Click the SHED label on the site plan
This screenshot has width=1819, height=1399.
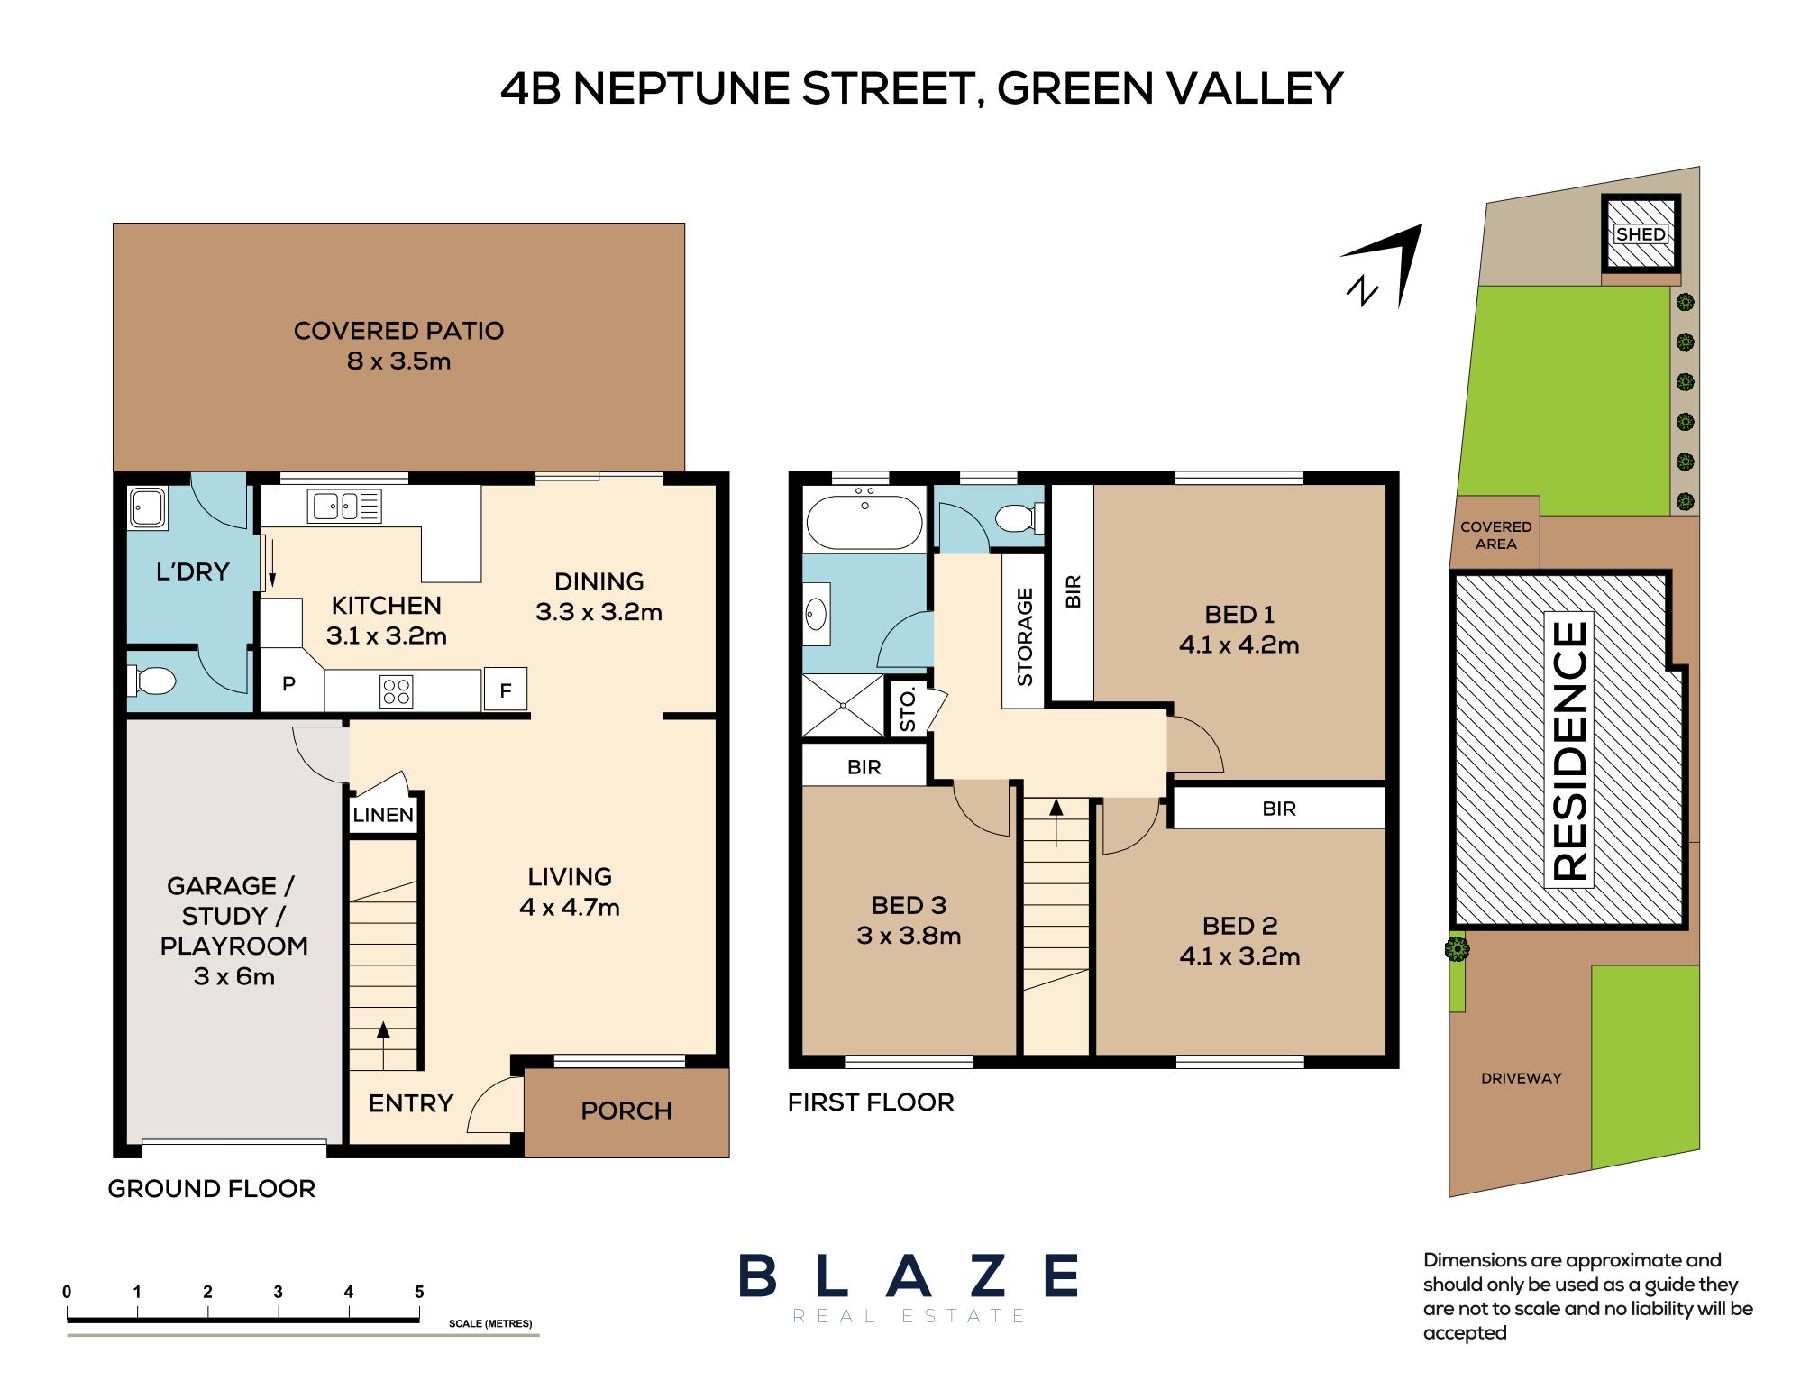pos(1641,234)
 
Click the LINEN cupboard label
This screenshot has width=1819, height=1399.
pos(383,816)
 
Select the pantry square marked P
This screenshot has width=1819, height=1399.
pos(289,684)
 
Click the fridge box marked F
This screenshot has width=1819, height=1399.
pos(506,690)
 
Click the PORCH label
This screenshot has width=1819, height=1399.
pos(626,1111)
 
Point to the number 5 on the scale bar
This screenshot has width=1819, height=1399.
pos(419,1292)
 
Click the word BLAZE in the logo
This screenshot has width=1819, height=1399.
pos(909,1276)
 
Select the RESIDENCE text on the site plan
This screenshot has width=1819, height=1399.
pos(1570,750)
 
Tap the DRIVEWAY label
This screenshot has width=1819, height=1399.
pos(1522,1078)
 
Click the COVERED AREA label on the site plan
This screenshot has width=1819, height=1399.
pos(1496,535)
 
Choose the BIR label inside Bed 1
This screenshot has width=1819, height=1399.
pos(1073,592)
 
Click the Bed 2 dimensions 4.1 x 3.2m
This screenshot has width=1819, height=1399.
pos(1239,956)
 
